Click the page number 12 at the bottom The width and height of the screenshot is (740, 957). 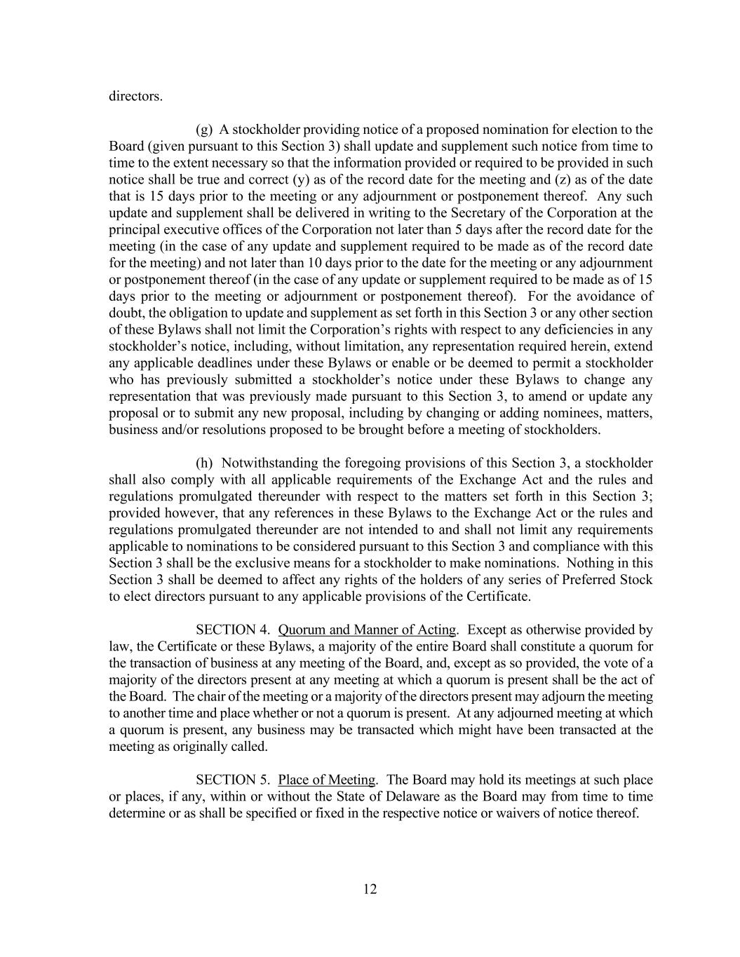tap(370, 889)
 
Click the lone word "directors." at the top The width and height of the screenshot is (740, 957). tap(135, 96)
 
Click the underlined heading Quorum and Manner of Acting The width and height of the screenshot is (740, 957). tap(367, 630)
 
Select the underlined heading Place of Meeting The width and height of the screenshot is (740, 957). tap(327, 780)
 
